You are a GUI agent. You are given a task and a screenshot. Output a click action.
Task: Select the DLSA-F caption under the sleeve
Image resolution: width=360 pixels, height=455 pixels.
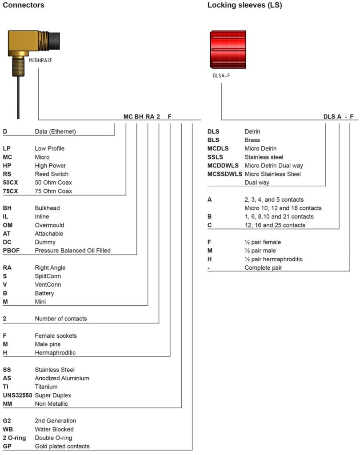click(x=221, y=76)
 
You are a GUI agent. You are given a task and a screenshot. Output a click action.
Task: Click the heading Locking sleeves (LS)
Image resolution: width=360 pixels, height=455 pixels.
click(x=244, y=5)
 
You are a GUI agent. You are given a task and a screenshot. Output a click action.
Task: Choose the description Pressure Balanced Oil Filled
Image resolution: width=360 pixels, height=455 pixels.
click(x=72, y=251)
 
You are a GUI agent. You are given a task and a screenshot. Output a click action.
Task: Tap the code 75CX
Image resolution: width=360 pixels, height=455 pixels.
click(x=12, y=191)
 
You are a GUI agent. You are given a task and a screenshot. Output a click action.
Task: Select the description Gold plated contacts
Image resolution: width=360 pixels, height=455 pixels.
click(x=62, y=446)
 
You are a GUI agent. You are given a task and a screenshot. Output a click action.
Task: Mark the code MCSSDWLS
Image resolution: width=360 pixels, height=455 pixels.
click(x=224, y=174)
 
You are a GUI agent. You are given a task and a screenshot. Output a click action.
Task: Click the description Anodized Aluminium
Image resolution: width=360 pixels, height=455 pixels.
click(x=62, y=378)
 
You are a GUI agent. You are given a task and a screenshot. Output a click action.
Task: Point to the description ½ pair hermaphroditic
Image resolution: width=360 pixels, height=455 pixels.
click(x=273, y=259)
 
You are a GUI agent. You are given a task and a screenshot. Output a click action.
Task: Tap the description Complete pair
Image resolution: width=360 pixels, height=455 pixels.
click(x=264, y=267)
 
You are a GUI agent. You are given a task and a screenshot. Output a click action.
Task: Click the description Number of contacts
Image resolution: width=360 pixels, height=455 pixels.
click(x=60, y=319)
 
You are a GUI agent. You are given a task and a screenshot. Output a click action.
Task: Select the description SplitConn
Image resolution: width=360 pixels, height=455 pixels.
click(x=48, y=276)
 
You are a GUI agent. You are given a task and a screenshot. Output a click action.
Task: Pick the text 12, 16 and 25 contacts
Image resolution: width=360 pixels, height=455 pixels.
click(x=275, y=225)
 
